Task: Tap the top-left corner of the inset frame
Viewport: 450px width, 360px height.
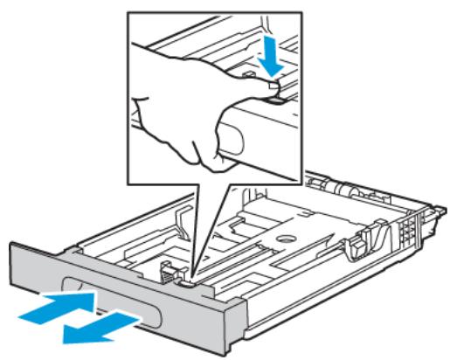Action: click(128, 11)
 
